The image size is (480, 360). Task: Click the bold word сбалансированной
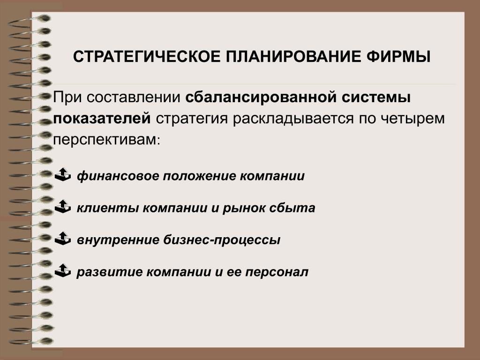(261, 97)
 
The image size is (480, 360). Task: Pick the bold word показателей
(102, 119)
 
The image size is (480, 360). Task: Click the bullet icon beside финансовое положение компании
(63, 174)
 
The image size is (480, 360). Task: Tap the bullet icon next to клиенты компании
(63, 207)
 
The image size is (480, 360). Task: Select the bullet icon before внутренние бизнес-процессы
(63, 239)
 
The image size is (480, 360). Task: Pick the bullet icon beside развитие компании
(63, 270)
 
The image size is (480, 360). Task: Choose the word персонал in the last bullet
(277, 272)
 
